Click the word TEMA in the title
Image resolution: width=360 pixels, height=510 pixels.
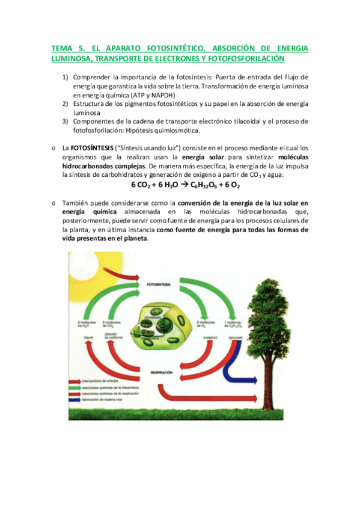click(61, 48)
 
